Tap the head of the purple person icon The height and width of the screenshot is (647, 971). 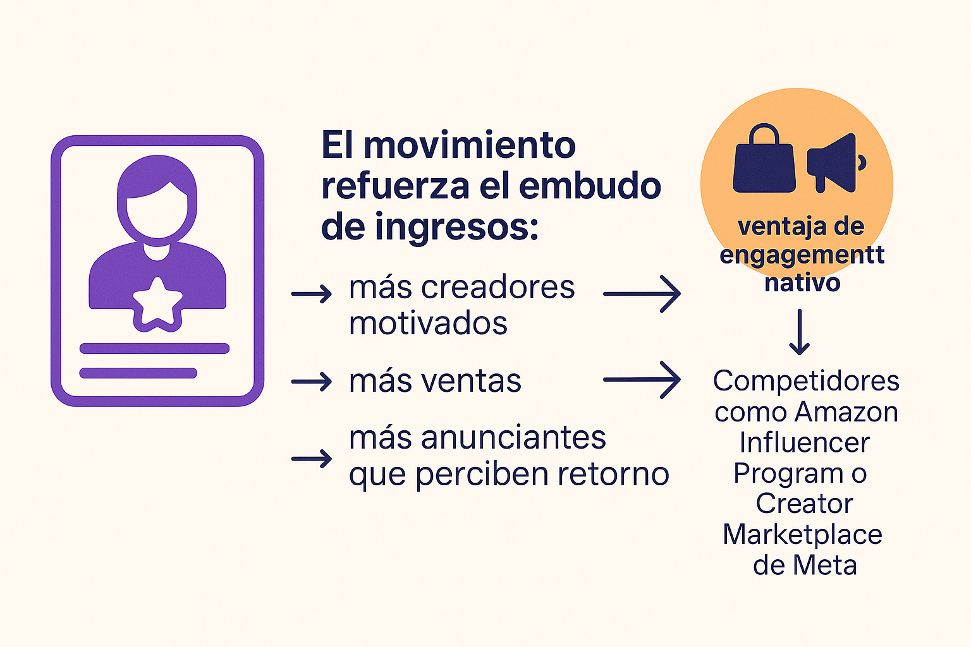pos(157,196)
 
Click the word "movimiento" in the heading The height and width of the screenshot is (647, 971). pos(470,145)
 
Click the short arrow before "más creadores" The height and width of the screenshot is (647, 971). pos(312,294)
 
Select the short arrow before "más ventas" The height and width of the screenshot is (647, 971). pos(312,382)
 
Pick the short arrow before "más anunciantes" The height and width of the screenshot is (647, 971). pos(312,458)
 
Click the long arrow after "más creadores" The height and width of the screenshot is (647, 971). pos(642,294)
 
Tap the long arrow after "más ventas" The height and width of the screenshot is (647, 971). pos(642,380)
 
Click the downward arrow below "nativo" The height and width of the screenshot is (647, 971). pos(800,332)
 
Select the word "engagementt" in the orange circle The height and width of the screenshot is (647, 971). pos(802,255)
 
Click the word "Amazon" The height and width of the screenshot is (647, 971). pos(846,412)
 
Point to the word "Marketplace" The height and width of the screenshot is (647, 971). pos(802,535)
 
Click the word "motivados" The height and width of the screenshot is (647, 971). pos(428,323)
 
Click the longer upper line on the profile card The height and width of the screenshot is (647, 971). pos(154,348)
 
